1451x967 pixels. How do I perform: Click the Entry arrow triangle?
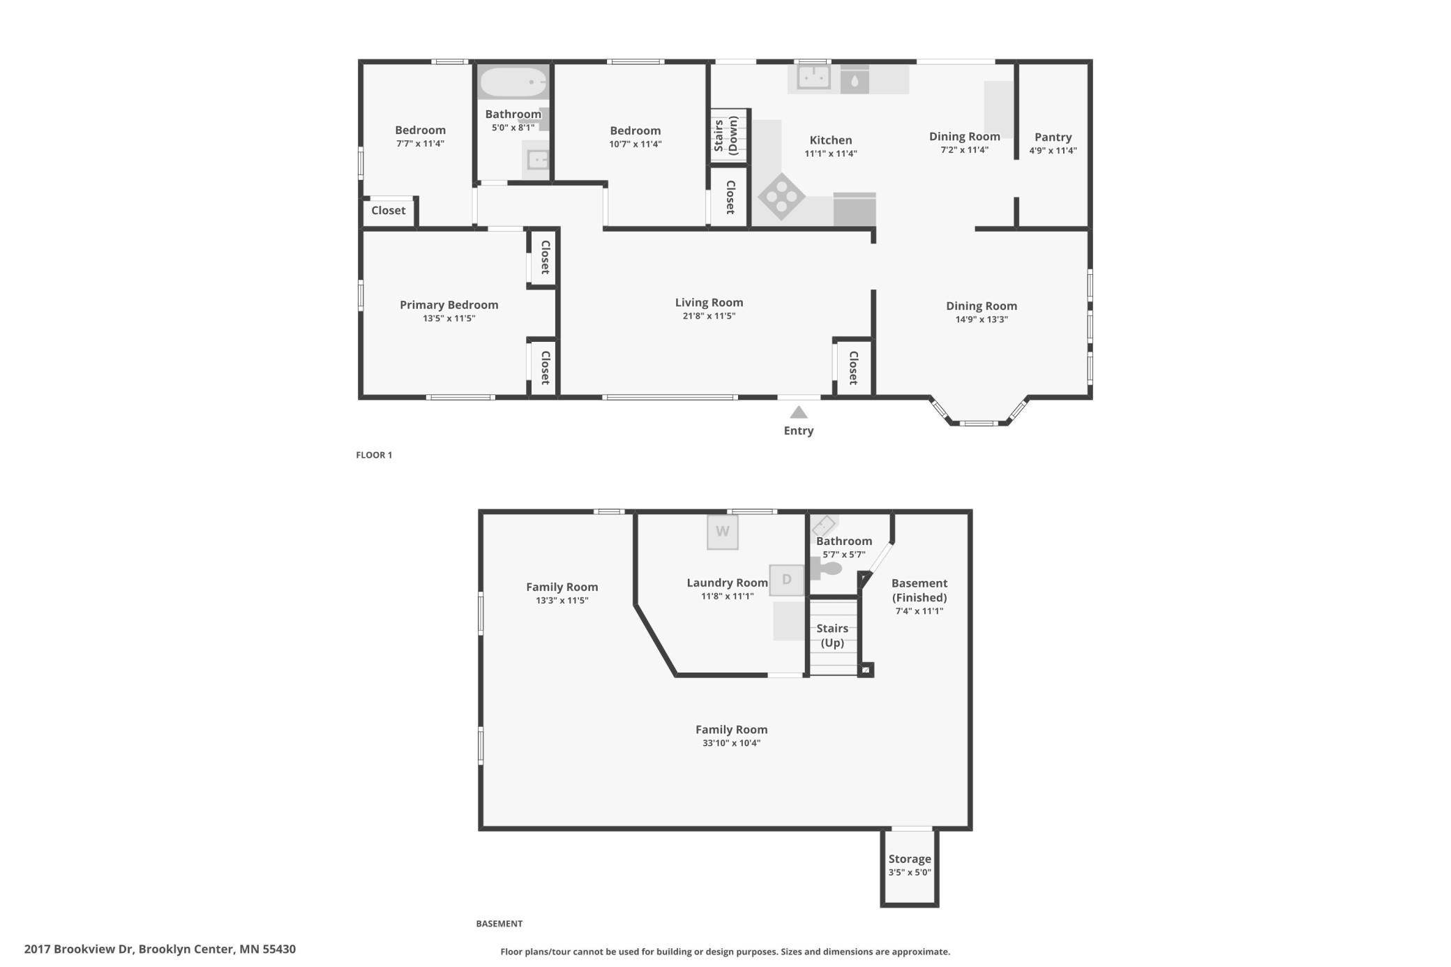pyautogui.click(x=799, y=413)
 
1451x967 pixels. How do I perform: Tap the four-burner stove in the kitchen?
pyautogui.click(x=781, y=197)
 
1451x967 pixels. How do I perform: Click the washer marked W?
pyautogui.click(x=722, y=532)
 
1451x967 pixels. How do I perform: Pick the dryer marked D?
pyautogui.click(x=786, y=580)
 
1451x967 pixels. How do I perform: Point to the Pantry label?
pyautogui.click(x=1053, y=137)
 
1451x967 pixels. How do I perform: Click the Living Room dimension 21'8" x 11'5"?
pyautogui.click(x=709, y=316)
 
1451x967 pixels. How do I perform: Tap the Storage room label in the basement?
pyautogui.click(x=909, y=860)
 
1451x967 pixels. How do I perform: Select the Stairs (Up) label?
pyautogui.click(x=832, y=636)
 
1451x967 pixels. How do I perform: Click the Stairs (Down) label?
pyautogui.click(x=726, y=135)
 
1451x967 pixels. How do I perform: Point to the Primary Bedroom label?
pyautogui.click(x=449, y=305)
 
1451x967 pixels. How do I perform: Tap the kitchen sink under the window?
pyautogui.click(x=813, y=77)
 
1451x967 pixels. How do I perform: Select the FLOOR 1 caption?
pyautogui.click(x=374, y=455)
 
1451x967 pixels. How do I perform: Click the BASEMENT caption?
pyautogui.click(x=499, y=924)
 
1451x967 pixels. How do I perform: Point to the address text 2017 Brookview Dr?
pyautogui.click(x=160, y=949)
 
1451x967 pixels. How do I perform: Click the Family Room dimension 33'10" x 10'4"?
pyautogui.click(x=731, y=743)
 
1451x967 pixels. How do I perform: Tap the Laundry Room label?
pyautogui.click(x=727, y=583)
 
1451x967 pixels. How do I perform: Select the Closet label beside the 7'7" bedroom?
pyautogui.click(x=388, y=211)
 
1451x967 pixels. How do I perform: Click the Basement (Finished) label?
pyautogui.click(x=919, y=590)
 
